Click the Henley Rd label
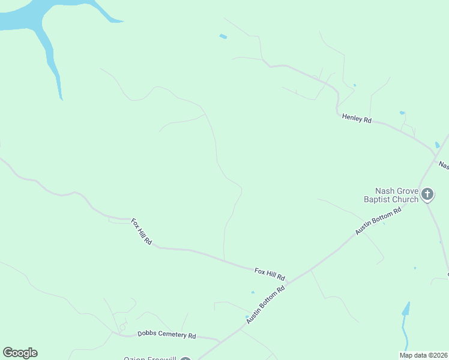coord(357,119)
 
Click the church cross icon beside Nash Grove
coord(427,194)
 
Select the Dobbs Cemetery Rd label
coord(167,335)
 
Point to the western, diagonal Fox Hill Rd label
coord(142,232)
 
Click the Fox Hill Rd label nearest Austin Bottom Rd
coord(270,274)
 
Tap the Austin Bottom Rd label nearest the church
coord(378,221)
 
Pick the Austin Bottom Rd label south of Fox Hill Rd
coord(265,305)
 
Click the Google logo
coord(20,353)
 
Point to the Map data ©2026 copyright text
coord(424,355)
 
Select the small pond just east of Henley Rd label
coord(402,112)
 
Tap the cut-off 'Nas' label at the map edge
coord(444,164)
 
